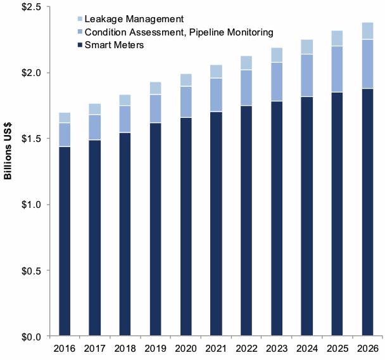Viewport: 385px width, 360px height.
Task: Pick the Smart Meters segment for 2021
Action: (216, 223)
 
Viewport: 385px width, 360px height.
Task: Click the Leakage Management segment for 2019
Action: (155, 88)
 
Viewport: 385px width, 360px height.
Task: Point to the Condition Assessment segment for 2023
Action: (277, 82)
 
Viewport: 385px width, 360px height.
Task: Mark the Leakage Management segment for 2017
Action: (95, 109)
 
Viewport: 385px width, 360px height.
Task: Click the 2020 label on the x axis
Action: (186, 348)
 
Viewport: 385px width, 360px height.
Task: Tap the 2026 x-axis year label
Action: (367, 348)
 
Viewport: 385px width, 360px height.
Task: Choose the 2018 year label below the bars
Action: (125, 348)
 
